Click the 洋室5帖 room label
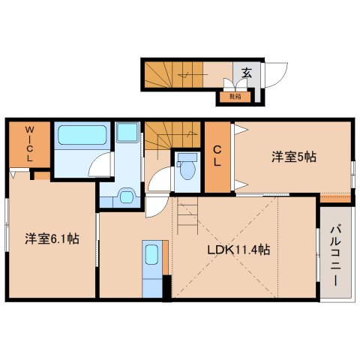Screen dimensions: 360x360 click(293, 157)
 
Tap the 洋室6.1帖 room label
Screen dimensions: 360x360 click(52, 239)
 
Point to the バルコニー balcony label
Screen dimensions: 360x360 click(335, 254)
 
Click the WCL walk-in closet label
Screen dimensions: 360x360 click(29, 145)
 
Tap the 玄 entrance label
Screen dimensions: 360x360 click(247, 73)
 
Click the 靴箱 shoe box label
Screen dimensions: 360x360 click(235, 95)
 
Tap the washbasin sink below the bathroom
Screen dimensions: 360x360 click(127, 198)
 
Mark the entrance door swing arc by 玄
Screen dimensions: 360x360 click(275, 73)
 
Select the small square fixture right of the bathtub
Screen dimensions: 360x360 click(128, 134)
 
